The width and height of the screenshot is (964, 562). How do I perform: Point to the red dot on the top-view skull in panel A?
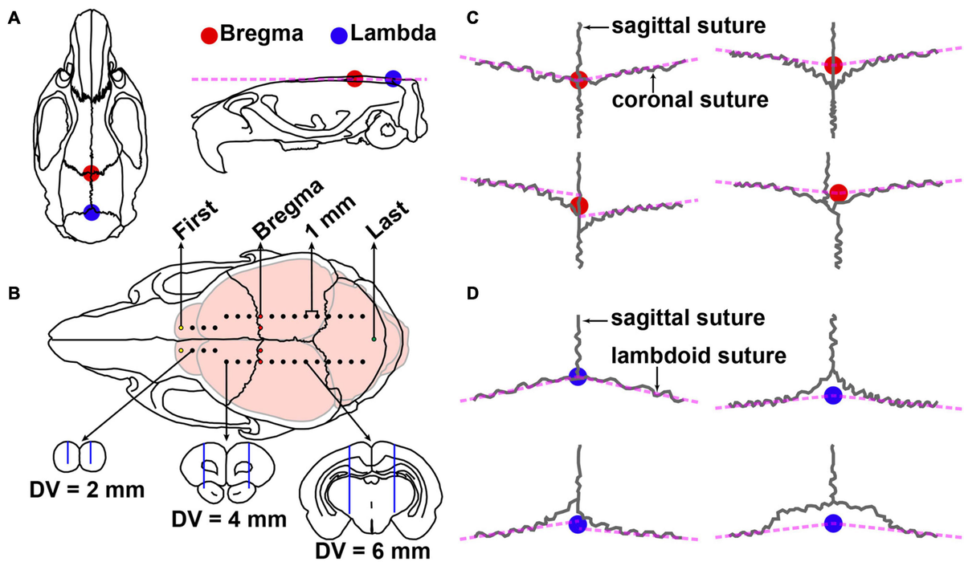pyautogui.click(x=91, y=173)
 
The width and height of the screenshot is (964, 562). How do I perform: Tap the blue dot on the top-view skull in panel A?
pyautogui.click(x=91, y=213)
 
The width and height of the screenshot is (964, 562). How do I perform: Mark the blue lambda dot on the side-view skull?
pyautogui.click(x=393, y=78)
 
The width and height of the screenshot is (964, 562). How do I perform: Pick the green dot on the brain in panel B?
pyautogui.click(x=374, y=340)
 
